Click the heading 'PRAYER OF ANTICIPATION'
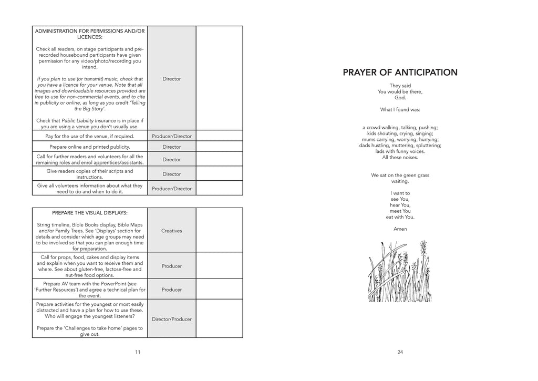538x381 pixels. click(x=400, y=73)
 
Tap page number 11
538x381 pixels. click(x=137, y=352)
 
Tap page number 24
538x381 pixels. click(x=400, y=352)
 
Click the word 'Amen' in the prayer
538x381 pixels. click(x=400, y=229)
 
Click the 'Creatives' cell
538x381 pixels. click(x=172, y=231)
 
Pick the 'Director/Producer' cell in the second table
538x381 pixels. click(x=172, y=319)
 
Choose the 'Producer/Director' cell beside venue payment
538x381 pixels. click(x=172, y=136)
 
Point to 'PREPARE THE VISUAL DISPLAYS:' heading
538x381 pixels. click(x=90, y=213)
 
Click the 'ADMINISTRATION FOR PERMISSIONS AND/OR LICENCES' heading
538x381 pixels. click(x=90, y=34)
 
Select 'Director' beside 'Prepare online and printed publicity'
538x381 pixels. click(x=172, y=147)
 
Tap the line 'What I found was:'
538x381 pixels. click(x=400, y=110)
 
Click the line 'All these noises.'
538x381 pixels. click(x=400, y=157)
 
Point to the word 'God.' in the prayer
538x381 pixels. click(x=400, y=98)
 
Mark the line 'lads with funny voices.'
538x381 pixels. click(x=400, y=151)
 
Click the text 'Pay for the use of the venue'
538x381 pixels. click(x=90, y=136)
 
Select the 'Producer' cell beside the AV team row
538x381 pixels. click(x=172, y=290)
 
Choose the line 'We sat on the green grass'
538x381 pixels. click(x=400, y=176)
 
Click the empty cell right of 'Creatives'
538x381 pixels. click(x=219, y=231)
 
